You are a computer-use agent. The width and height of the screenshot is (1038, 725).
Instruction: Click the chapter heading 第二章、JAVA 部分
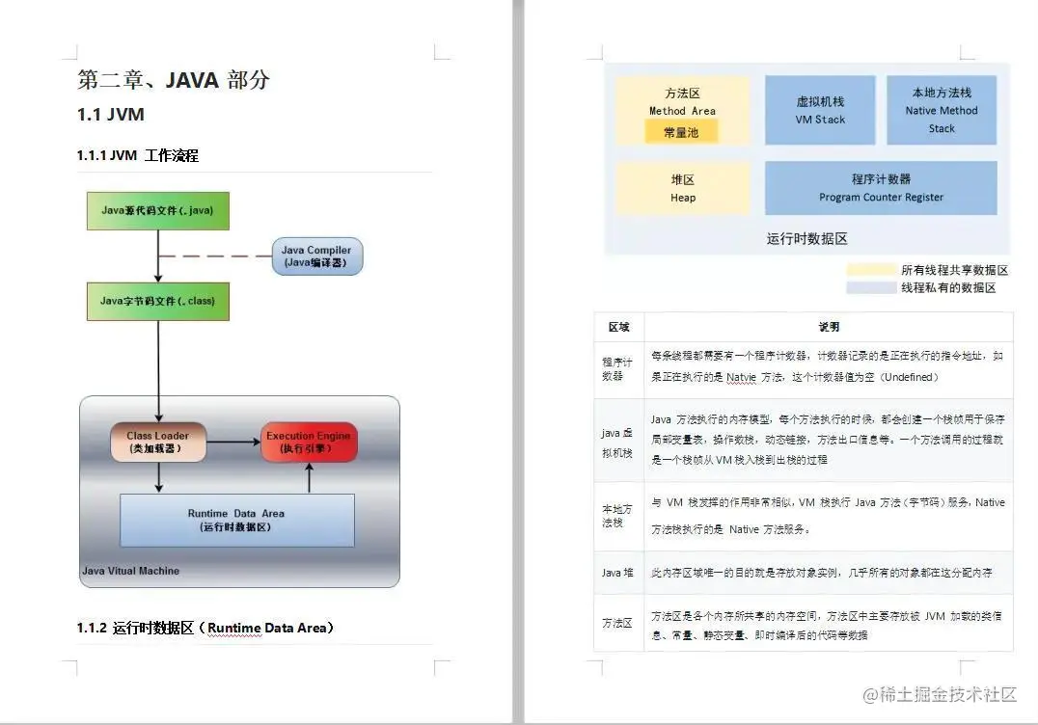pos(174,80)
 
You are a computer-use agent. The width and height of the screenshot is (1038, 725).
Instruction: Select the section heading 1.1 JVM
pos(111,115)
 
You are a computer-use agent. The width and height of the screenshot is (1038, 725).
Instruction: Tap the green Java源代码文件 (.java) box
pos(158,209)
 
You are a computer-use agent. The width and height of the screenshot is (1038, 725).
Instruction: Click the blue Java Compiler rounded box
pos(316,256)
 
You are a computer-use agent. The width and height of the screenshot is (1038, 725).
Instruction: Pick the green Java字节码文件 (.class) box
pos(158,301)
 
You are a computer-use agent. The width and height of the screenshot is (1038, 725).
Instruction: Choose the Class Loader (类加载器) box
pos(158,442)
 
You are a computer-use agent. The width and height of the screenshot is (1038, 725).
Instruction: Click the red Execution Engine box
pos(309,442)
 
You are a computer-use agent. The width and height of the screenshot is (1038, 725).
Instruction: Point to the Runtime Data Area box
pos(236,520)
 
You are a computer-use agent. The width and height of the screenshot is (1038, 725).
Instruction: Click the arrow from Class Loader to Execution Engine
pos(233,442)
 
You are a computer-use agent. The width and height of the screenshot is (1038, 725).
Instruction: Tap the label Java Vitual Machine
pos(130,571)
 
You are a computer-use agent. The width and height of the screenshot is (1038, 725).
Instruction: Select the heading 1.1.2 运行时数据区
pos(205,628)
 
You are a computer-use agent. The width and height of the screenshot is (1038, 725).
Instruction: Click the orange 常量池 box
pos(681,132)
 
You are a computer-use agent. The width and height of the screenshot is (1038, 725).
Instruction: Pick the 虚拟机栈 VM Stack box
pos(820,110)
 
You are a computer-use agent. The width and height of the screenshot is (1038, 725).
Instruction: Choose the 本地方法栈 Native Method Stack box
pos(942,110)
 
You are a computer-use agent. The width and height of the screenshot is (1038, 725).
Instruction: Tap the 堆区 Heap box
pos(683,188)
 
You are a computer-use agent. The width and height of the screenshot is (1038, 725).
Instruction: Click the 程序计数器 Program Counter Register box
pos(881,188)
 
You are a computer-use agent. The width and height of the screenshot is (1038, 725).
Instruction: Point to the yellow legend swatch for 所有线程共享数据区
pos(869,271)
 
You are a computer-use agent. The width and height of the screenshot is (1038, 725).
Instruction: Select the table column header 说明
pos(828,327)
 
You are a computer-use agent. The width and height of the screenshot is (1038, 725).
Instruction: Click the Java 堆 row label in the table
pos(618,573)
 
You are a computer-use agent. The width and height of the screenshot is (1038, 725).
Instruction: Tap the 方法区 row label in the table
pos(618,623)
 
